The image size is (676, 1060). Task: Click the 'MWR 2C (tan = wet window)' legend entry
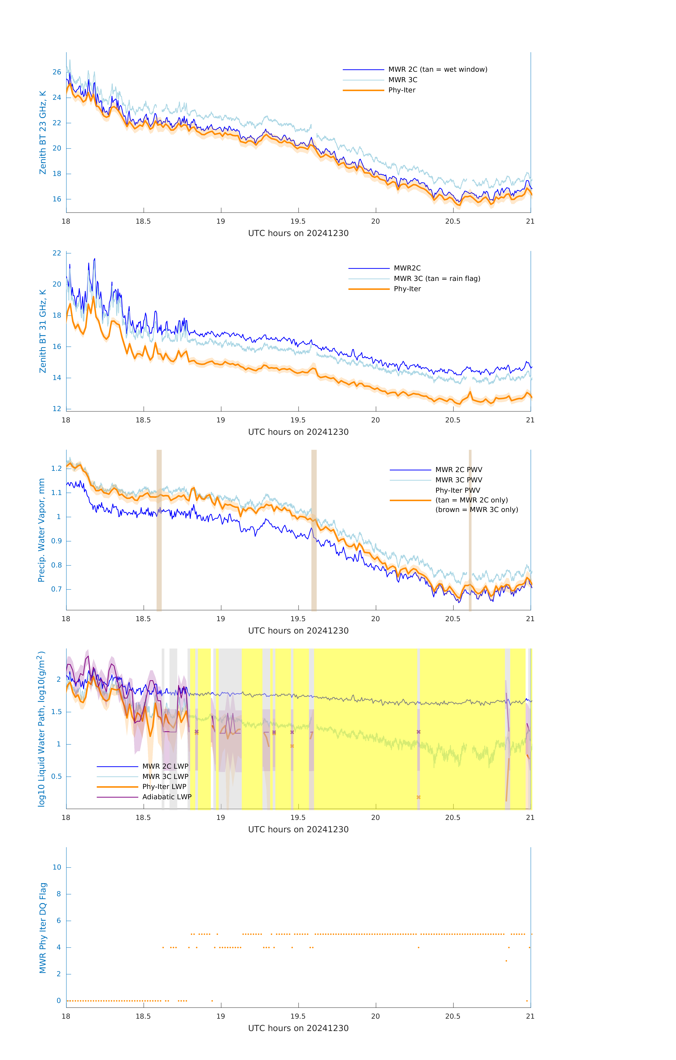(x=437, y=70)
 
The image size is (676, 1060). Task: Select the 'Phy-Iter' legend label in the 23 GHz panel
(x=402, y=90)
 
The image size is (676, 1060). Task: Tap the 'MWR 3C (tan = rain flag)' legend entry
(x=436, y=279)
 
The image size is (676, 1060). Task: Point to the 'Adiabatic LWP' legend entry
(x=166, y=797)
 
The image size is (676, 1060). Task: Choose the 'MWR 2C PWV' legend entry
(x=458, y=470)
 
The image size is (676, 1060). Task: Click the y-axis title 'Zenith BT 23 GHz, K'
(x=43, y=132)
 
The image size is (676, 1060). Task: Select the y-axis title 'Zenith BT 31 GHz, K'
(x=43, y=331)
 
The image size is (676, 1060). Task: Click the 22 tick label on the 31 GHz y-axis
(x=57, y=253)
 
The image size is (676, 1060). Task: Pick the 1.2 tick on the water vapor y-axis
(x=56, y=468)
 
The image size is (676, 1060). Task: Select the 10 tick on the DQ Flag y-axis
(x=57, y=867)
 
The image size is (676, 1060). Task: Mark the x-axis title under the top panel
(x=298, y=233)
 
